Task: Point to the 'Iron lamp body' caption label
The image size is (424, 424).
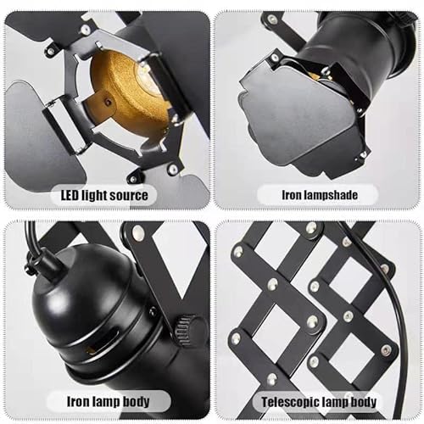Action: tap(107, 401)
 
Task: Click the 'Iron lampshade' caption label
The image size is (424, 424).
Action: tap(318, 195)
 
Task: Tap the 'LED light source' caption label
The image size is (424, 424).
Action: tap(105, 195)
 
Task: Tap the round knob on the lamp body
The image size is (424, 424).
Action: tap(188, 331)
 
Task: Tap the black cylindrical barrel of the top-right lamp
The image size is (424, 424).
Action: tap(356, 64)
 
